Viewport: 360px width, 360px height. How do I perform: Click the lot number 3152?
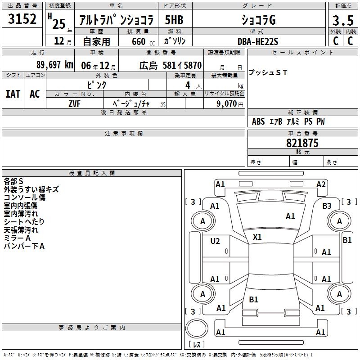click(22, 18)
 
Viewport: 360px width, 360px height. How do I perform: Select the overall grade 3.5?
click(343, 20)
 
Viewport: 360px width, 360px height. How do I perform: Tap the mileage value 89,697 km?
click(54, 65)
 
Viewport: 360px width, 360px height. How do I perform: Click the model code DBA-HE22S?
click(258, 41)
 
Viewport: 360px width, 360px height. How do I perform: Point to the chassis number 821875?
click(302, 143)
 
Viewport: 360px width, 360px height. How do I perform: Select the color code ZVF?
click(74, 104)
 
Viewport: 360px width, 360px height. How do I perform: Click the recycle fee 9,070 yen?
click(230, 104)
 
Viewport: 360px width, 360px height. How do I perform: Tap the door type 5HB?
click(174, 20)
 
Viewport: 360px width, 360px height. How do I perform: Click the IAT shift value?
click(13, 94)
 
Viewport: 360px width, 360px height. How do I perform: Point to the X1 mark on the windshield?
click(257, 237)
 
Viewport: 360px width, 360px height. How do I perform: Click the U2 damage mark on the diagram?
click(215, 241)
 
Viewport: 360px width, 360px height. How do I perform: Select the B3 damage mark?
click(327, 206)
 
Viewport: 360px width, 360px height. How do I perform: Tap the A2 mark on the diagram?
click(321, 184)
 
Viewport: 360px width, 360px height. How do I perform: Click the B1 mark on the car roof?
click(253, 299)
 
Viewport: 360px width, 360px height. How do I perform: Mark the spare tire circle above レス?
click(197, 328)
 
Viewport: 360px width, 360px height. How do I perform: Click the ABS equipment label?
click(258, 121)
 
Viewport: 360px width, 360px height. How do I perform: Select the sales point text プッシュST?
click(268, 72)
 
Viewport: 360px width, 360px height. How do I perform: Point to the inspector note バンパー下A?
click(24, 246)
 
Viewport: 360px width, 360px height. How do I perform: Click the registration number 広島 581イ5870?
click(171, 65)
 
